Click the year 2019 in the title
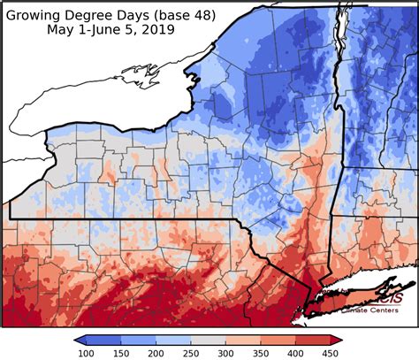click(157, 29)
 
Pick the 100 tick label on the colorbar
click(86, 353)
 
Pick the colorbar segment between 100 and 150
click(104, 340)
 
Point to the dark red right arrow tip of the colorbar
click(339, 340)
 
